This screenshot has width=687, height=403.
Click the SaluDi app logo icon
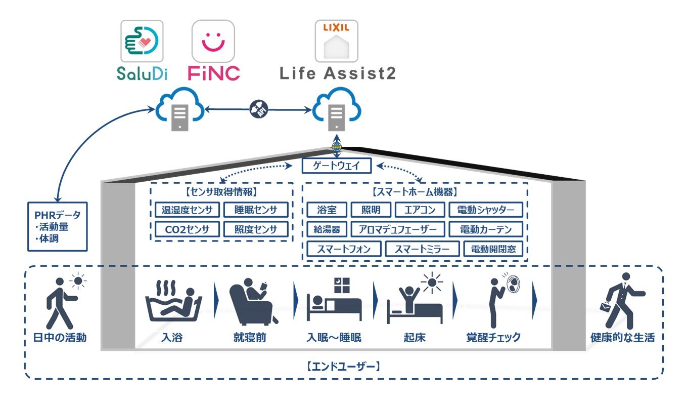[x=142, y=41]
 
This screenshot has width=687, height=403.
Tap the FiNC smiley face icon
[x=213, y=41]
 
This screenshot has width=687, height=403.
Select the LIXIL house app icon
[x=336, y=41]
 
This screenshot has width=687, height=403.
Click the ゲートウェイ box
[x=337, y=166]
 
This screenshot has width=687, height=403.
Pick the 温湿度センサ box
[x=187, y=210]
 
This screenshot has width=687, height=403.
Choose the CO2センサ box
[x=187, y=229]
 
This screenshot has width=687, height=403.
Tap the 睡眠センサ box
[x=256, y=210]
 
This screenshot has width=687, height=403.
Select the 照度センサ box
[x=256, y=229]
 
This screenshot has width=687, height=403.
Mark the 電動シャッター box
[x=485, y=210]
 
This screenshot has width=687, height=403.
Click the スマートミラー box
[x=422, y=249]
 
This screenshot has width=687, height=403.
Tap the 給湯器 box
[x=327, y=229]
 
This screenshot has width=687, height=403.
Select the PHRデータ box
[x=58, y=226]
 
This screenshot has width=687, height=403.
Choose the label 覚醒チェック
[x=493, y=338]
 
